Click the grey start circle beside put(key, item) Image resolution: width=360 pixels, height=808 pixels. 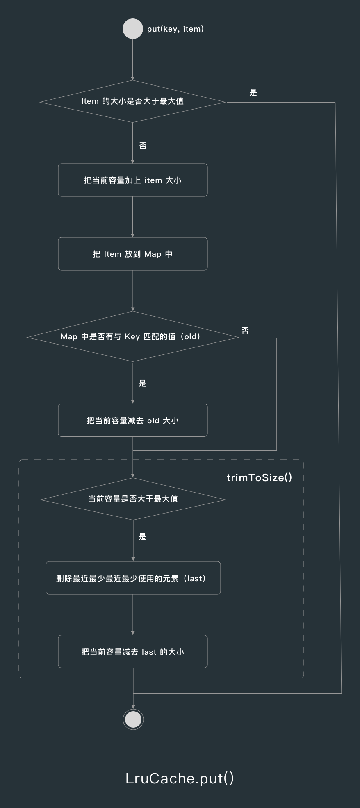click(x=133, y=29)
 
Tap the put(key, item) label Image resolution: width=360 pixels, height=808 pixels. click(x=175, y=29)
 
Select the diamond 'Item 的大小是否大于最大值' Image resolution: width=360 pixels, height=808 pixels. click(x=132, y=101)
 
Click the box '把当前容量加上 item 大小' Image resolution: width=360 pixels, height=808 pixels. click(x=132, y=180)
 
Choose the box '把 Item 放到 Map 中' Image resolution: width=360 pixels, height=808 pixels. click(x=132, y=254)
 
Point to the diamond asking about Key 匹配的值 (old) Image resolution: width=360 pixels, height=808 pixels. click(x=132, y=337)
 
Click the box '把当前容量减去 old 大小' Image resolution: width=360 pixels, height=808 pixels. click(x=132, y=420)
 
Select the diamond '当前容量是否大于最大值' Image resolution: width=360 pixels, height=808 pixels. click(x=133, y=499)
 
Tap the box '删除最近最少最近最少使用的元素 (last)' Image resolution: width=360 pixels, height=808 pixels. click(x=133, y=578)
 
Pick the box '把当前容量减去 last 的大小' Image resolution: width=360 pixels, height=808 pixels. click(x=132, y=652)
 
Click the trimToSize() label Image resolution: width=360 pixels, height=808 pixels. click(x=259, y=477)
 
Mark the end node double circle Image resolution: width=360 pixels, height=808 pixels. click(x=133, y=719)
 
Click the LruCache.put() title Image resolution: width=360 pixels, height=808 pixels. click(x=180, y=778)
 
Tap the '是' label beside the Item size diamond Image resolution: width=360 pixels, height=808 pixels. click(x=253, y=93)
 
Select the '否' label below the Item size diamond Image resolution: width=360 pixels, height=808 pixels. click(x=143, y=146)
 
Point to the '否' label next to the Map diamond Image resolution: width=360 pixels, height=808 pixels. click(x=245, y=330)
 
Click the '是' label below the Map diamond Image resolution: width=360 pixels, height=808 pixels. click(x=142, y=383)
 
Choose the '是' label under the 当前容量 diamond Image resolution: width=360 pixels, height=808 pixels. click(x=142, y=536)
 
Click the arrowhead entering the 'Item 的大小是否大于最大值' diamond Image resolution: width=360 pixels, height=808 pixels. click(x=132, y=78)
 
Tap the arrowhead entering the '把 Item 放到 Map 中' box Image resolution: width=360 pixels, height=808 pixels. click(x=132, y=235)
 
